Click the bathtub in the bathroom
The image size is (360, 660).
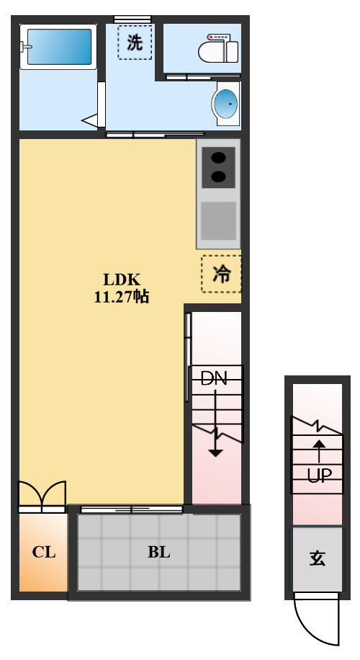[59, 47]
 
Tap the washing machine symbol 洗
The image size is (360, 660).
[135, 43]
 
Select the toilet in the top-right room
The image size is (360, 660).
[219, 51]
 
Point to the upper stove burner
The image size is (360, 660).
[217, 158]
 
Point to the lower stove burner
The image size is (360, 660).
[217, 177]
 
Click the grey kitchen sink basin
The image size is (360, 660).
[218, 220]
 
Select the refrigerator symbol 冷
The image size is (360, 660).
[221, 274]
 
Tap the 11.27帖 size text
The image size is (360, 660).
[120, 296]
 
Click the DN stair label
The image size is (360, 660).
[213, 378]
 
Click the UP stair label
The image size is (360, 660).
[318, 476]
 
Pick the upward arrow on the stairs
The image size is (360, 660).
[318, 450]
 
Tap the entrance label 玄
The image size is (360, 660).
[317, 558]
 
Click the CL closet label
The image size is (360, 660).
[43, 553]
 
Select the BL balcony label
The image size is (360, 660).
[158, 553]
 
